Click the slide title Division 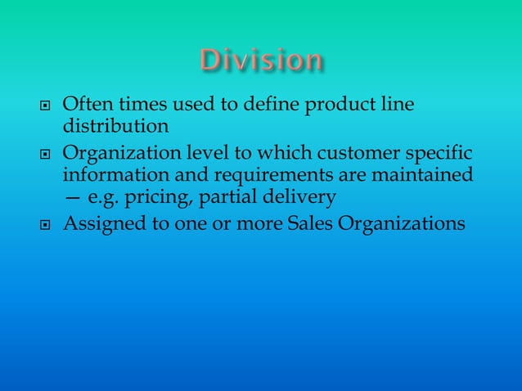click(x=261, y=61)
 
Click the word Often click(x=85, y=106)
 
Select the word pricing click(x=158, y=195)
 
